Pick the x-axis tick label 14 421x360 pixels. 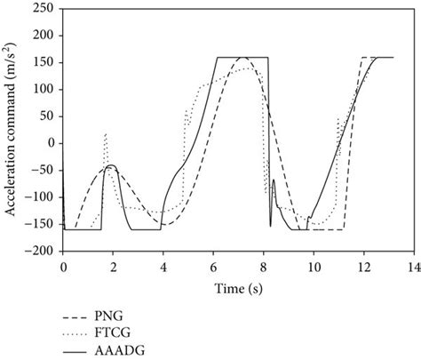tap(411, 266)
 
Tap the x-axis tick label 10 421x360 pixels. tap(312, 266)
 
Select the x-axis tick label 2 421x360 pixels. tap(113, 266)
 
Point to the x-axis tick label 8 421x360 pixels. tap(262, 266)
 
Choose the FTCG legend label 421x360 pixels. tap(117, 333)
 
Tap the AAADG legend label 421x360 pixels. tap(122, 351)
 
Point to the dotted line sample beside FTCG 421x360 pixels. tap(77, 333)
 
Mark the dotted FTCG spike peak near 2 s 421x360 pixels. tap(106, 134)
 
